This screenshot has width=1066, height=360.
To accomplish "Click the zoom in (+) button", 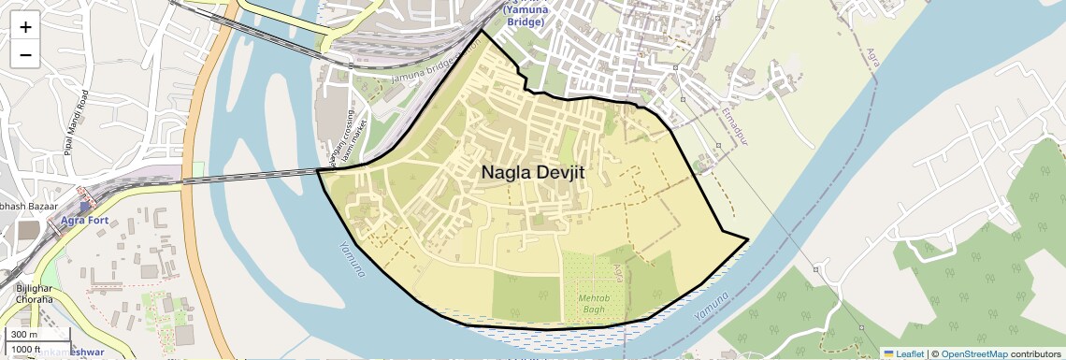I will pos(25,27).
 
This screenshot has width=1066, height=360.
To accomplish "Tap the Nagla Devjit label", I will pos(539,172).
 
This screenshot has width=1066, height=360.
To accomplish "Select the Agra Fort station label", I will pos(86,221).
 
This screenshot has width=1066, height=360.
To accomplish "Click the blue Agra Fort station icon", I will pos(86,207).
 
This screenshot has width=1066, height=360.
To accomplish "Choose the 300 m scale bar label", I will pos(24,334).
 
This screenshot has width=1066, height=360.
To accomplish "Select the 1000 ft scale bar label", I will pos(26,348).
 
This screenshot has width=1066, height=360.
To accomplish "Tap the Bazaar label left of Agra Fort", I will pos(28,204).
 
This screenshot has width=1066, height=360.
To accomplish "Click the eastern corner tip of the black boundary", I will pos(748,239).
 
